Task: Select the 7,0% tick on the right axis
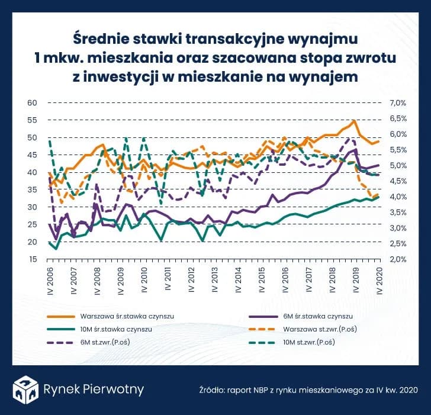398,103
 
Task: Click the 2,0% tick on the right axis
398,259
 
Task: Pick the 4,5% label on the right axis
398,181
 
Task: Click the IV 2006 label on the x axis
51,281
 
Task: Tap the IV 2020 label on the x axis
379,281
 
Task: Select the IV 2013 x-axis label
215,281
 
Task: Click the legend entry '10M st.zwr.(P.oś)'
314,342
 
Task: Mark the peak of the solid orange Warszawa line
353,121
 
